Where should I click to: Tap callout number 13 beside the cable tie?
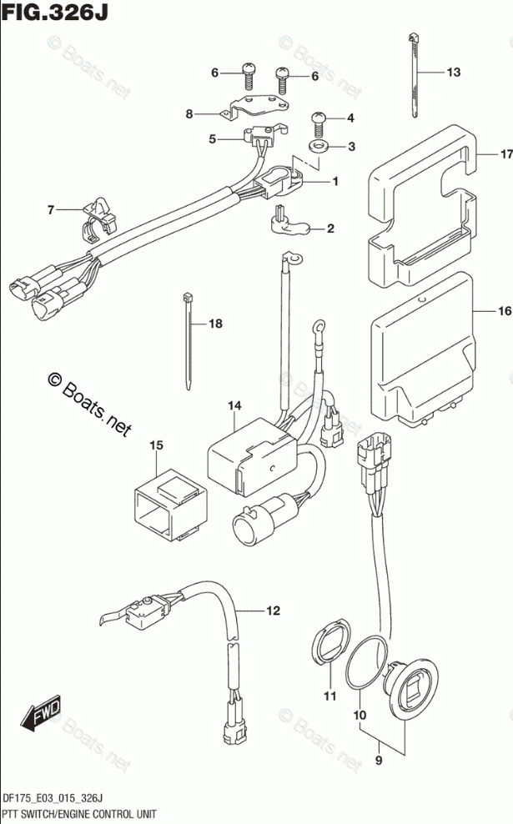tap(452, 73)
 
